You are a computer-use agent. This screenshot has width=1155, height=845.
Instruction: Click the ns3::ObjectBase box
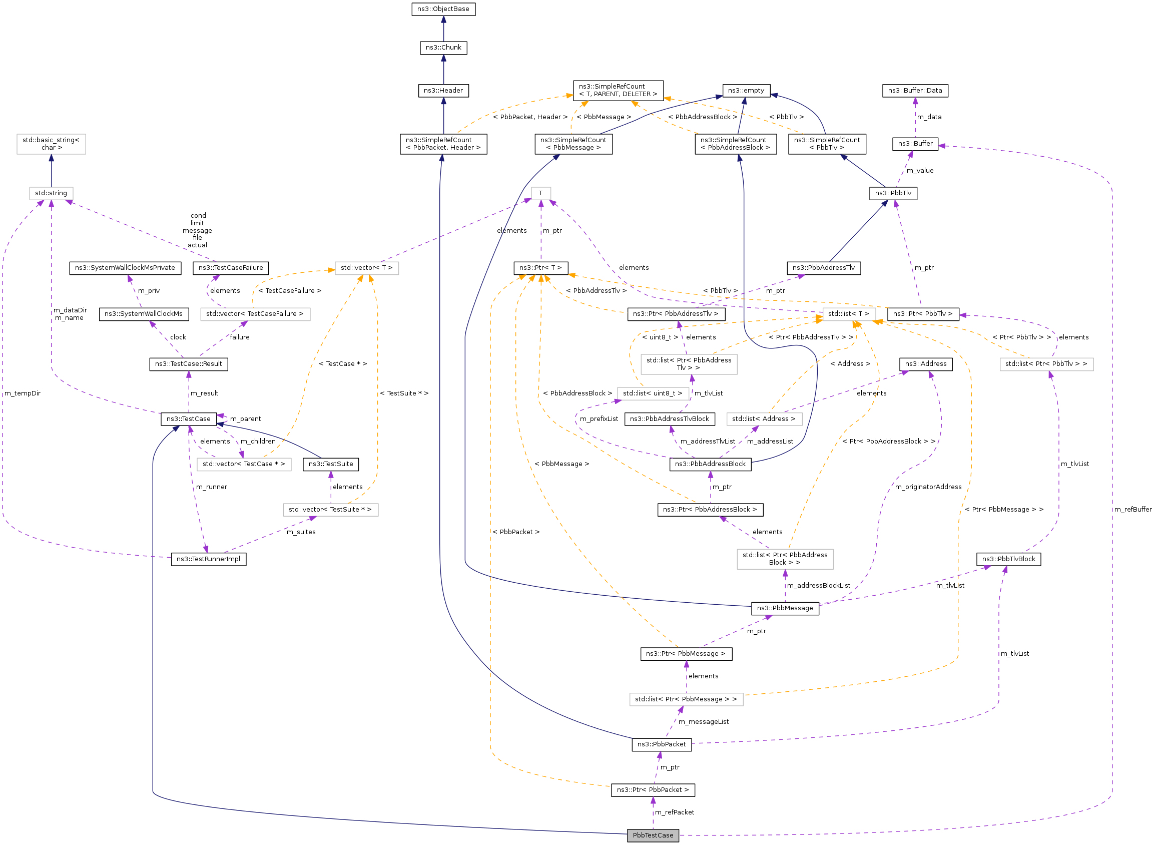tap(443, 9)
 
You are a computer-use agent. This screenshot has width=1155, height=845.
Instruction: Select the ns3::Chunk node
tap(443, 48)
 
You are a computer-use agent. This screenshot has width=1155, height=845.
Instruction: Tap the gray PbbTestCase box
tap(653, 835)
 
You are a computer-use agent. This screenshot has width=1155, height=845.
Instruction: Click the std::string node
tap(51, 193)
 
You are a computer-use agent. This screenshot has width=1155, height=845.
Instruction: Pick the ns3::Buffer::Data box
tap(915, 91)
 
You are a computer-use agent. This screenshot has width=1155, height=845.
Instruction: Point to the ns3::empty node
tap(746, 91)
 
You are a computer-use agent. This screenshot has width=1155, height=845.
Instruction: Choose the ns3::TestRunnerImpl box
tap(208, 559)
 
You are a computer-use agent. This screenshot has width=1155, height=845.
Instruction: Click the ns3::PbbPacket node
tap(661, 744)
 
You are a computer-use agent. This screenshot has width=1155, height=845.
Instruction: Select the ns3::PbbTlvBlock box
tap(1008, 559)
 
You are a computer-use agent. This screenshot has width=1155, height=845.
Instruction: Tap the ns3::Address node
tap(925, 363)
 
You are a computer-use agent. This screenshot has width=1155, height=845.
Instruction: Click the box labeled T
tap(540, 193)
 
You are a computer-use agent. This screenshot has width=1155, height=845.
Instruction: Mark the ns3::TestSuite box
tap(330, 464)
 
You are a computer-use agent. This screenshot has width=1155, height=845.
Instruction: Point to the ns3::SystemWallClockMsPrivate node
tap(125, 267)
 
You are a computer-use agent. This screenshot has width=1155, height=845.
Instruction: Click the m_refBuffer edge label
tap(1132, 510)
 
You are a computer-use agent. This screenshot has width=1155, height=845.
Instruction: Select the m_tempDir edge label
tap(23, 393)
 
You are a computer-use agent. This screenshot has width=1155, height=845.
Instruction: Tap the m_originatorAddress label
tap(928, 487)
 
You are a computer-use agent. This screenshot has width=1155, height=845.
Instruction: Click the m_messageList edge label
tap(703, 722)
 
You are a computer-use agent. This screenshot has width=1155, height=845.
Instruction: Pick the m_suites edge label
tap(301, 532)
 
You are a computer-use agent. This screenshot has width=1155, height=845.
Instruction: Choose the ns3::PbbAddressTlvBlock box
tap(669, 419)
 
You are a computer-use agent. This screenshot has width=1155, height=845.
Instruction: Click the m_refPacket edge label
tap(674, 812)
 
